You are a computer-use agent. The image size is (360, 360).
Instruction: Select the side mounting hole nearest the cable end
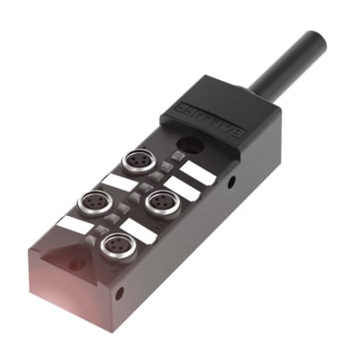pos(231,183)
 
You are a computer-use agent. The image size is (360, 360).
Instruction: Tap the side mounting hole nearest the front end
pos(121,293)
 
